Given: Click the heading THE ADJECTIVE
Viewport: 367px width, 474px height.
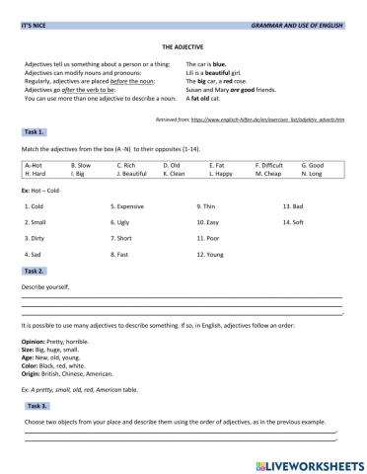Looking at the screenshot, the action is [183, 44].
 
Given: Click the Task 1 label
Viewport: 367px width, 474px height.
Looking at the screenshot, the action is [34, 130].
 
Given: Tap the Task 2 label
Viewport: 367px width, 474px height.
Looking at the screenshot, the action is [34, 270].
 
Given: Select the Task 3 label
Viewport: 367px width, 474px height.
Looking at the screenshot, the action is [37, 405].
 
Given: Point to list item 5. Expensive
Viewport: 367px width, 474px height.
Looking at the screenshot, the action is [130, 205].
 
